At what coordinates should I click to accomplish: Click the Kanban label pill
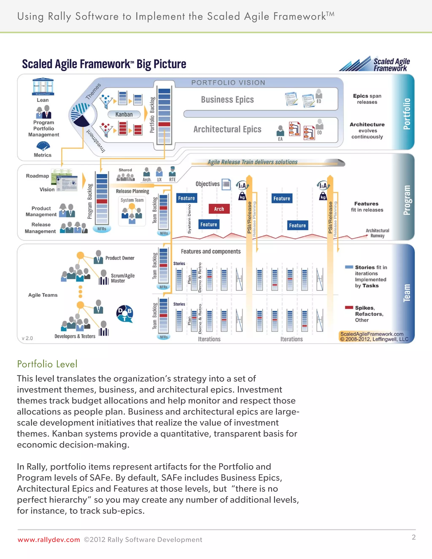[x=124, y=114]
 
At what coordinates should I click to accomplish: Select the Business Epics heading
[x=227, y=99]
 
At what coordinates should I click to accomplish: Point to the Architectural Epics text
[x=227, y=129]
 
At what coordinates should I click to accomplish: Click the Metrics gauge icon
[x=43, y=146]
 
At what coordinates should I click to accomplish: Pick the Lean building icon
[x=43, y=86]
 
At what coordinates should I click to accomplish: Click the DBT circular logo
[x=125, y=313]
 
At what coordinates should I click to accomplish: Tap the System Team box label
[x=132, y=200]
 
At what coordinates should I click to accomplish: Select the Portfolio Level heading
[x=47, y=364]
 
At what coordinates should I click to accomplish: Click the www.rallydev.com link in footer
[x=49, y=540]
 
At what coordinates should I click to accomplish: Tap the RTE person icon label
[x=172, y=180]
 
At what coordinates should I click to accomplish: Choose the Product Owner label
[x=120, y=258]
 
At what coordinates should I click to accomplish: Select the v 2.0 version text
[x=27, y=338]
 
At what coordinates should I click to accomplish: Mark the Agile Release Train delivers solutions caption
[x=252, y=162]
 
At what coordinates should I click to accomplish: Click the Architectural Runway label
[x=377, y=233]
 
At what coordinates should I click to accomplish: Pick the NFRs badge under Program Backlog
[x=102, y=229]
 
